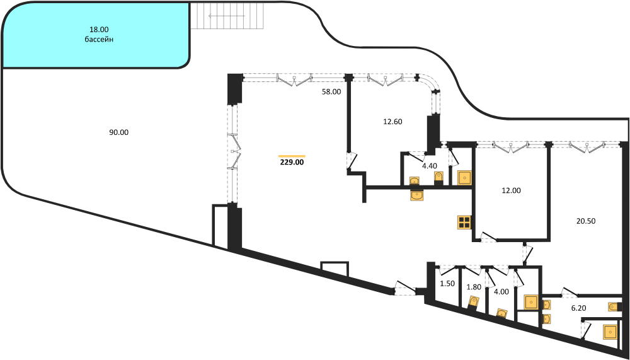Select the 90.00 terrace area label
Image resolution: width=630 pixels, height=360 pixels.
click(x=119, y=132)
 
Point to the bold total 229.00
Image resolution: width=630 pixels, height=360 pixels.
click(x=292, y=163)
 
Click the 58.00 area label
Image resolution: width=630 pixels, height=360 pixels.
click(x=331, y=91)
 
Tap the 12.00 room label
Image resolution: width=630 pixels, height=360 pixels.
click(x=511, y=190)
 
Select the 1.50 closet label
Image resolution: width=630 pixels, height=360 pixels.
click(x=447, y=283)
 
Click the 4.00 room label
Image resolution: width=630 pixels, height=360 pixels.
click(x=501, y=291)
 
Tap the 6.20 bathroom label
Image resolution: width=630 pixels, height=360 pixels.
click(x=578, y=309)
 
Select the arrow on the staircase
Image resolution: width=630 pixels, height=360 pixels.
click(x=227, y=16)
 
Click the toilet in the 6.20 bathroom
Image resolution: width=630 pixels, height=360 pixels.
click(x=613, y=308)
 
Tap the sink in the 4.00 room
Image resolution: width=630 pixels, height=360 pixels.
click(x=501, y=313)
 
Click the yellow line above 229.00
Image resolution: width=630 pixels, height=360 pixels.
click(x=292, y=156)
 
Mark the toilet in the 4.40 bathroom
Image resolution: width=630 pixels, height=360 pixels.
click(x=438, y=177)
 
